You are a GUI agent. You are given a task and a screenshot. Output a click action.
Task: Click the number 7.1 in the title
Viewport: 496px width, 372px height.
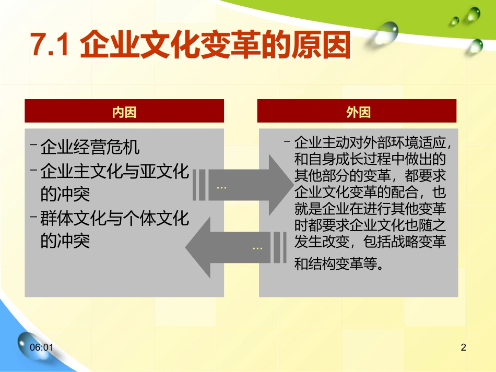[50, 44]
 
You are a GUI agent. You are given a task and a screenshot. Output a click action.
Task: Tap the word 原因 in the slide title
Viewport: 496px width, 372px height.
[321, 44]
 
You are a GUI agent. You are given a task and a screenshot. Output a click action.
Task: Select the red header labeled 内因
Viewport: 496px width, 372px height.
[124, 111]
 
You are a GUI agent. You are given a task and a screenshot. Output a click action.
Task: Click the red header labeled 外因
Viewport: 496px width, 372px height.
[357, 111]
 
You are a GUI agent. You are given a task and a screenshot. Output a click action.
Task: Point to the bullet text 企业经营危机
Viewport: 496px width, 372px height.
[90, 147]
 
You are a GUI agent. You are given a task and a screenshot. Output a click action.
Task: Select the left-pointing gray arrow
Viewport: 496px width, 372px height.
[236, 247]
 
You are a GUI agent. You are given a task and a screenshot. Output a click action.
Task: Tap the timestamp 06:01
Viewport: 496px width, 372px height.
[41, 347]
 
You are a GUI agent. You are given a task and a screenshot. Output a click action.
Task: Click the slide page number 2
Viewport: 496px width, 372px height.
[464, 347]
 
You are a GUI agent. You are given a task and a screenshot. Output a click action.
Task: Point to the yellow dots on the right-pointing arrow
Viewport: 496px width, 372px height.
[221, 188]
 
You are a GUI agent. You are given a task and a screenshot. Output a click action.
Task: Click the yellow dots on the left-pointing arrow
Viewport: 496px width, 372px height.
[257, 248]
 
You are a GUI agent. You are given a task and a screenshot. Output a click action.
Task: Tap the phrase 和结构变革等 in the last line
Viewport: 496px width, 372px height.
[335, 263]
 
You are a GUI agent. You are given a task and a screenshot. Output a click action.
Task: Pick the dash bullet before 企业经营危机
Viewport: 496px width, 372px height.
[33, 145]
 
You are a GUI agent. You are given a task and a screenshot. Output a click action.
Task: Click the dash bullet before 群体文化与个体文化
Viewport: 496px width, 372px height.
[33, 217]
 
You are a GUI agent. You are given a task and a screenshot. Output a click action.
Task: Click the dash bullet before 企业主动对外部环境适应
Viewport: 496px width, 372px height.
[287, 141]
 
